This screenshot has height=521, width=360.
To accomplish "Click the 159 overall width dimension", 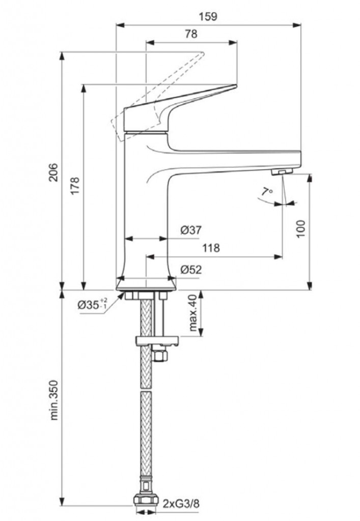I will tap(208, 16).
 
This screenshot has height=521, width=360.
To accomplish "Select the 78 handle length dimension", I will tap(191, 34).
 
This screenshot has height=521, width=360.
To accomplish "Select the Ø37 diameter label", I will tap(191, 230).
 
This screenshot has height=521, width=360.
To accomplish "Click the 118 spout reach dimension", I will tap(210, 248).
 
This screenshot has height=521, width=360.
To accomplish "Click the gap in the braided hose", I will tap(146, 386).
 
